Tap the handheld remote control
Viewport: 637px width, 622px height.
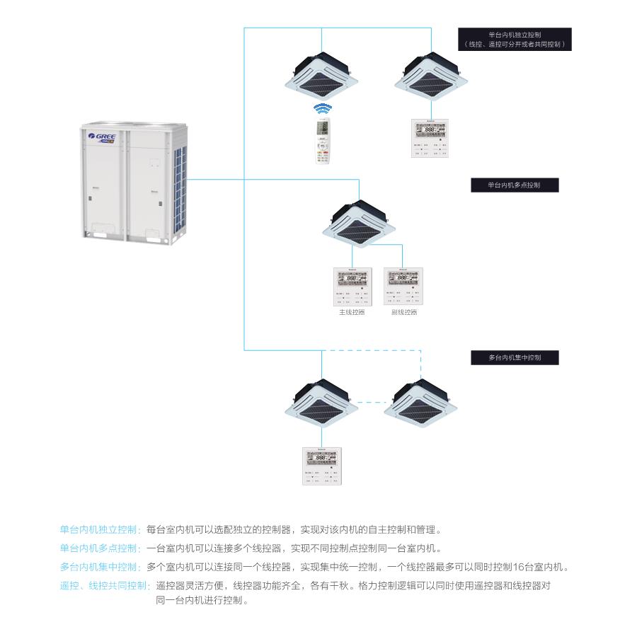(x=323, y=142)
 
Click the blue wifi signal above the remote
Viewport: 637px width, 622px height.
(x=323, y=109)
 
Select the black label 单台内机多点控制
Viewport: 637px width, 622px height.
(x=515, y=185)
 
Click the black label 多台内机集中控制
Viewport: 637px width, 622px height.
(x=515, y=358)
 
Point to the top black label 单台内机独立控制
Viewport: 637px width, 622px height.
(x=515, y=39)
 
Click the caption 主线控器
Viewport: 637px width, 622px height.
(x=352, y=312)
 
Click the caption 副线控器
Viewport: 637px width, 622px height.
(x=403, y=312)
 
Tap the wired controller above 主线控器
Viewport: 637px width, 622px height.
(x=352, y=287)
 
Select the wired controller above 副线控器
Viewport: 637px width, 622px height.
(x=403, y=287)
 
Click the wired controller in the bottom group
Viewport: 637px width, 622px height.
(x=322, y=466)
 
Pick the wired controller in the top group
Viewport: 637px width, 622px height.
(x=431, y=138)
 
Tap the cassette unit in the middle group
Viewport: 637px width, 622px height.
(x=360, y=219)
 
